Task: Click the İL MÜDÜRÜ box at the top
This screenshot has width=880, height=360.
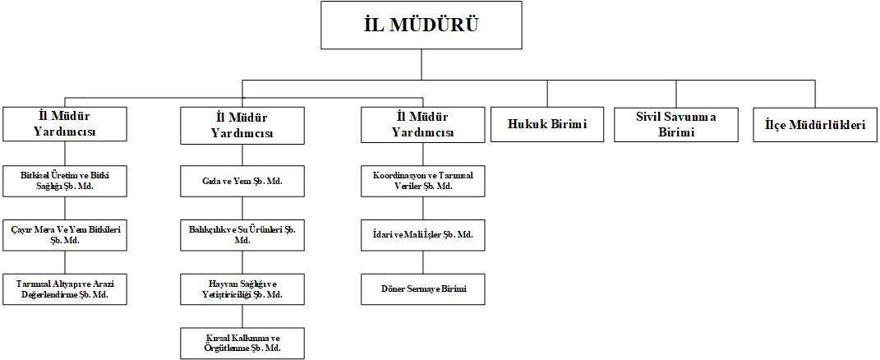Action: (422, 25)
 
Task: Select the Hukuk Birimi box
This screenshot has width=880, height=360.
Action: (540, 125)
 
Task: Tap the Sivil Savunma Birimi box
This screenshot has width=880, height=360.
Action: (676, 125)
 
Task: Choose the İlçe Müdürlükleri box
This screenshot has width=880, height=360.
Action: (809, 125)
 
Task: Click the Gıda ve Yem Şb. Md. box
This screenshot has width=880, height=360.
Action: (242, 181)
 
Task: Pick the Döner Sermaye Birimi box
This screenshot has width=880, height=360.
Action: (422, 289)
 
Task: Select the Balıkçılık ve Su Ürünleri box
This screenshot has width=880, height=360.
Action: (242, 235)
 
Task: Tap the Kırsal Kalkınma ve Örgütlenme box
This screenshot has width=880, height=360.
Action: (242, 343)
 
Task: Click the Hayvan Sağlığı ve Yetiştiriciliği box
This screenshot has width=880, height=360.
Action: (242, 289)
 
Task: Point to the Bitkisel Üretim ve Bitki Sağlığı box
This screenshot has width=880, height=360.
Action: (65, 181)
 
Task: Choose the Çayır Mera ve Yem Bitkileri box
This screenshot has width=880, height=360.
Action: (65, 235)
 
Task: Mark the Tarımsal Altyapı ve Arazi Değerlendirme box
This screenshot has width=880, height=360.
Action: (65, 289)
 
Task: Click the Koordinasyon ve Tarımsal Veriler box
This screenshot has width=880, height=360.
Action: (422, 181)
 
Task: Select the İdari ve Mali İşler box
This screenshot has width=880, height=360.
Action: (422, 235)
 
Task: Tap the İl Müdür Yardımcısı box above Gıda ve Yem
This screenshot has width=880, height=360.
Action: (242, 125)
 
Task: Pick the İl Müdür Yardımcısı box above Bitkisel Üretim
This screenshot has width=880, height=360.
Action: (65, 125)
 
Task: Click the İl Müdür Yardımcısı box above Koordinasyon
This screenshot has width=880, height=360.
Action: (422, 125)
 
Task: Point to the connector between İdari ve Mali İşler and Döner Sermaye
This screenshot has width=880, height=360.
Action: (422, 262)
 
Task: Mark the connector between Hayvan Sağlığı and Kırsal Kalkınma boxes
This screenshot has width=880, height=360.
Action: (242, 316)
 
